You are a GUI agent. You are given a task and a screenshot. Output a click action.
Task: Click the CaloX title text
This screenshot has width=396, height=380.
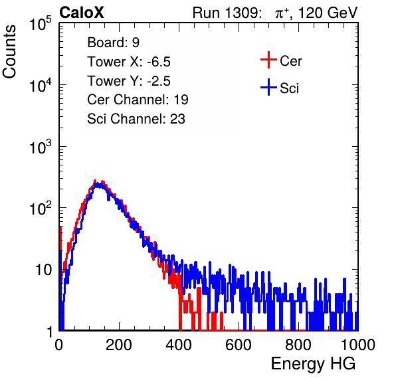(82, 13)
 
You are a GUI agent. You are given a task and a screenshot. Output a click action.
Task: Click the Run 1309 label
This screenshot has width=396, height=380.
(227, 13)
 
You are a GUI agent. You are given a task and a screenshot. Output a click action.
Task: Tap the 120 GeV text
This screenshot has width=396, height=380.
(328, 13)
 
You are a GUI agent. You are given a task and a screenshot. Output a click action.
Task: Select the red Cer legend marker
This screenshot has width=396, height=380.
(268, 60)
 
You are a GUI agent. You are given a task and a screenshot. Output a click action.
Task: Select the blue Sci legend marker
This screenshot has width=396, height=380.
(268, 87)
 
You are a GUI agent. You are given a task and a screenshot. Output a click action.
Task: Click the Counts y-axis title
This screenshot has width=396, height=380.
(9, 52)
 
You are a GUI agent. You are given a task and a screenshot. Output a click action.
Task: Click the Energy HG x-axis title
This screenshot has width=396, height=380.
(313, 364)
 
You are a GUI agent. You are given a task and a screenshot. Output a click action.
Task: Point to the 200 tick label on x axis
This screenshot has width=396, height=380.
(119, 345)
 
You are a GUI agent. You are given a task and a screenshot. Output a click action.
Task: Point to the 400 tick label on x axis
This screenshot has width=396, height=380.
(179, 345)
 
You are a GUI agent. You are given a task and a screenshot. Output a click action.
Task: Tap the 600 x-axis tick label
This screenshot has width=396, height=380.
(239, 345)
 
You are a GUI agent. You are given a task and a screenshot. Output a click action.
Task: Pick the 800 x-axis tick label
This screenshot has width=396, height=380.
(298, 345)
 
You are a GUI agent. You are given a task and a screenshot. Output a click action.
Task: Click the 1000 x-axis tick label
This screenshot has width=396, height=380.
(358, 345)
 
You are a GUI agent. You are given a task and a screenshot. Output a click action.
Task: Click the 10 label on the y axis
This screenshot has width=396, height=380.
(44, 270)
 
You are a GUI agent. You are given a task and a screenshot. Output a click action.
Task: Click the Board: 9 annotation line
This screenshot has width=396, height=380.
(114, 43)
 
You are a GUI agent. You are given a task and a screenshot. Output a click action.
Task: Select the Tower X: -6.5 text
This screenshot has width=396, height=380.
(129, 62)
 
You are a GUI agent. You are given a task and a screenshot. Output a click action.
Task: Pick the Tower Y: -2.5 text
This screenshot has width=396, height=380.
(129, 81)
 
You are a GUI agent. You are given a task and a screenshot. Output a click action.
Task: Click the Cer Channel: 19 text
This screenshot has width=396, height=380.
(138, 100)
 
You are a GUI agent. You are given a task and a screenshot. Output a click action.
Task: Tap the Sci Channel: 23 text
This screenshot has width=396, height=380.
(136, 119)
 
